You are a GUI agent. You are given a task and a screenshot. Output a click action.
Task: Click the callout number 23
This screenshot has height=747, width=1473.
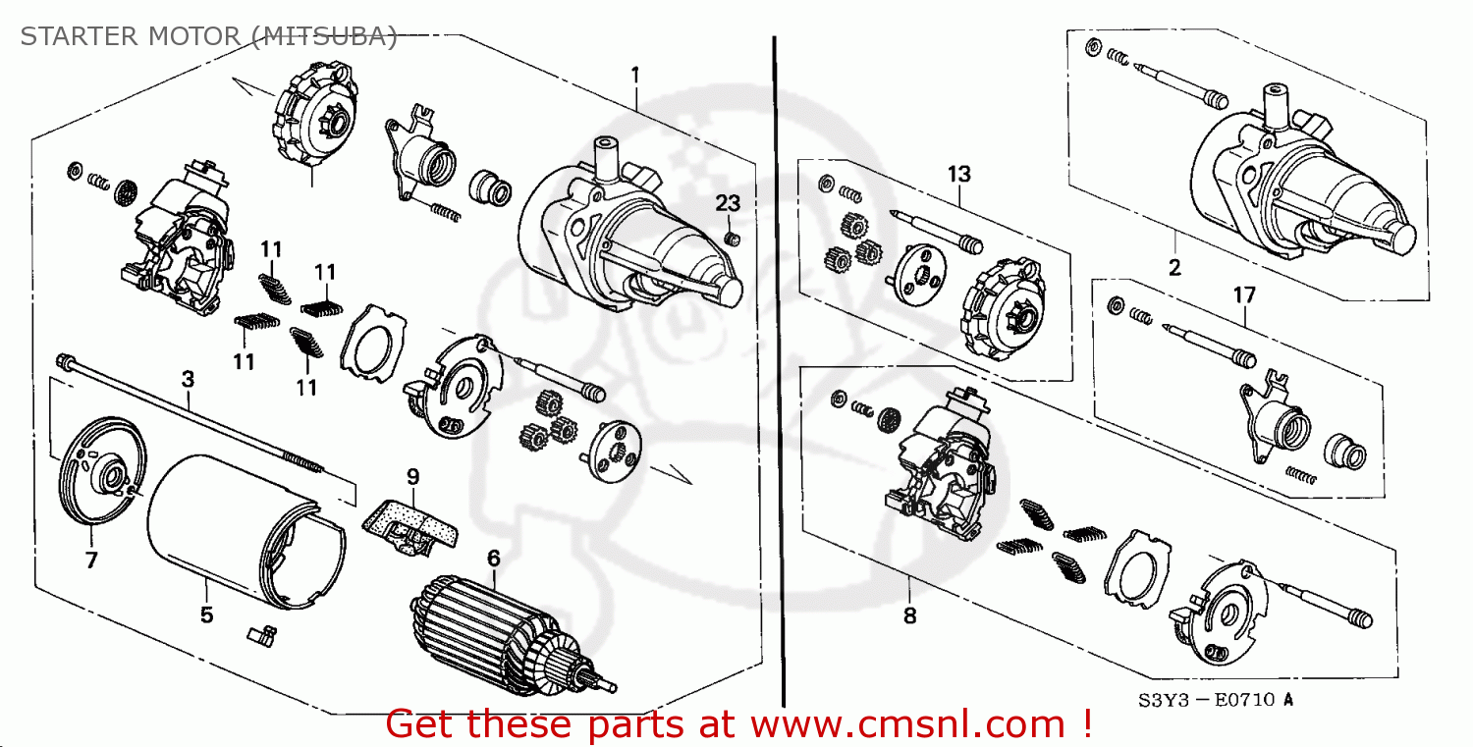(727, 203)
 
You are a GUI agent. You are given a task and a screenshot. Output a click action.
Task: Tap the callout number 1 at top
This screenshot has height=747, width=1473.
(635, 75)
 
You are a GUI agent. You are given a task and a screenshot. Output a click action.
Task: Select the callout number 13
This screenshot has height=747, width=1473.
(958, 174)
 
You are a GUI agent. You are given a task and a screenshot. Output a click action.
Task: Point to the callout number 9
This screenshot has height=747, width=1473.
(412, 477)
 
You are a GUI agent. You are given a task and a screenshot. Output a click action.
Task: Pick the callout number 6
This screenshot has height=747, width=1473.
(493, 558)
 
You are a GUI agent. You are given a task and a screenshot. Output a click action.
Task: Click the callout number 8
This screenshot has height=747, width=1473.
(909, 616)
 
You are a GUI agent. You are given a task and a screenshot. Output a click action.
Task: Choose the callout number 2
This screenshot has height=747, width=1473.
(1174, 267)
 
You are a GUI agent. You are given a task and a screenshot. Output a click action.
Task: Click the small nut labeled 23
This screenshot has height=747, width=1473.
(731, 240)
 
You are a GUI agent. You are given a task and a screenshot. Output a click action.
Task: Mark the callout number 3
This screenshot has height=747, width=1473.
(187, 378)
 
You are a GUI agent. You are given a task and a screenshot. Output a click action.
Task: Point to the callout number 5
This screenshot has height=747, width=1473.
(206, 615)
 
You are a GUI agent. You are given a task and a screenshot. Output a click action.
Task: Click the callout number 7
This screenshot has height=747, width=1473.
(91, 560)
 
